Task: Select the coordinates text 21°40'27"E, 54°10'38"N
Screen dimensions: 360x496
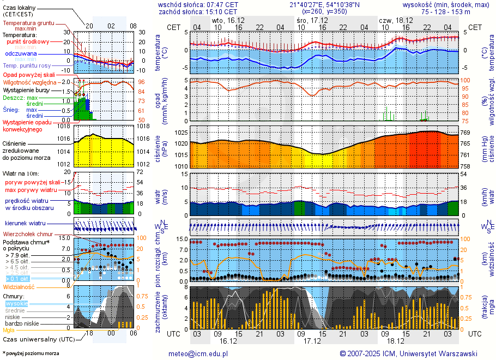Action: [325, 4]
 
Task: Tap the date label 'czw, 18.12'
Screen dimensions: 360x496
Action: [395, 20]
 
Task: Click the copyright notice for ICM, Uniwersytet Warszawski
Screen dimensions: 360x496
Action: [408, 353]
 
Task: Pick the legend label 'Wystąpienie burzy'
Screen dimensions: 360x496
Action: [27, 89]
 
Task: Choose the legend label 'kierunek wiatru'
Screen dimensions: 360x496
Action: [25, 224]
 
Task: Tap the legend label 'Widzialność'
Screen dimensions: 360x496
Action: [19, 286]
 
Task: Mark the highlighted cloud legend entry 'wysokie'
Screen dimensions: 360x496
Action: [16, 303]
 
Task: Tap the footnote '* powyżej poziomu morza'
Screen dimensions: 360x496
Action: [31, 353]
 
